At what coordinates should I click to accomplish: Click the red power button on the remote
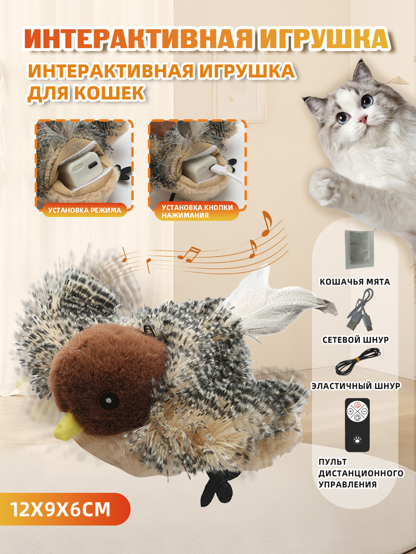(357, 405)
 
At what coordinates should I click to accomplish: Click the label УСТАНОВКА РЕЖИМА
(84, 210)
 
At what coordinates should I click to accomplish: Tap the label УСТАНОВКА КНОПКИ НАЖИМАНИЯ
(197, 211)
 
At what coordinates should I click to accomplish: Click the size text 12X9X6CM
(60, 509)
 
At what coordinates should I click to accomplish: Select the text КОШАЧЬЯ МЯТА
(355, 282)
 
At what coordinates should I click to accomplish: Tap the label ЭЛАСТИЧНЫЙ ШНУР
(356, 385)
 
